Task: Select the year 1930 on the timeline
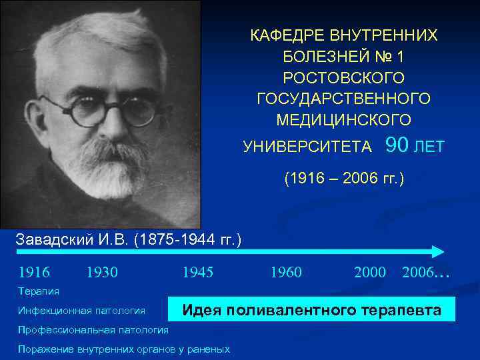point(102,272)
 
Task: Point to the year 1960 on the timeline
point(285,272)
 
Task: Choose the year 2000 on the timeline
point(370,272)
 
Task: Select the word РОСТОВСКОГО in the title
point(343,77)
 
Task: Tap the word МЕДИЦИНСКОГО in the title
point(343,120)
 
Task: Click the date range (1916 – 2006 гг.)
point(344,179)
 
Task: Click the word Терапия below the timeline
point(39,291)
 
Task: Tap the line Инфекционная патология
point(82,311)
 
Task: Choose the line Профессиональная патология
point(93,330)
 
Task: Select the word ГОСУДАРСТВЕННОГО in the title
point(343,99)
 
